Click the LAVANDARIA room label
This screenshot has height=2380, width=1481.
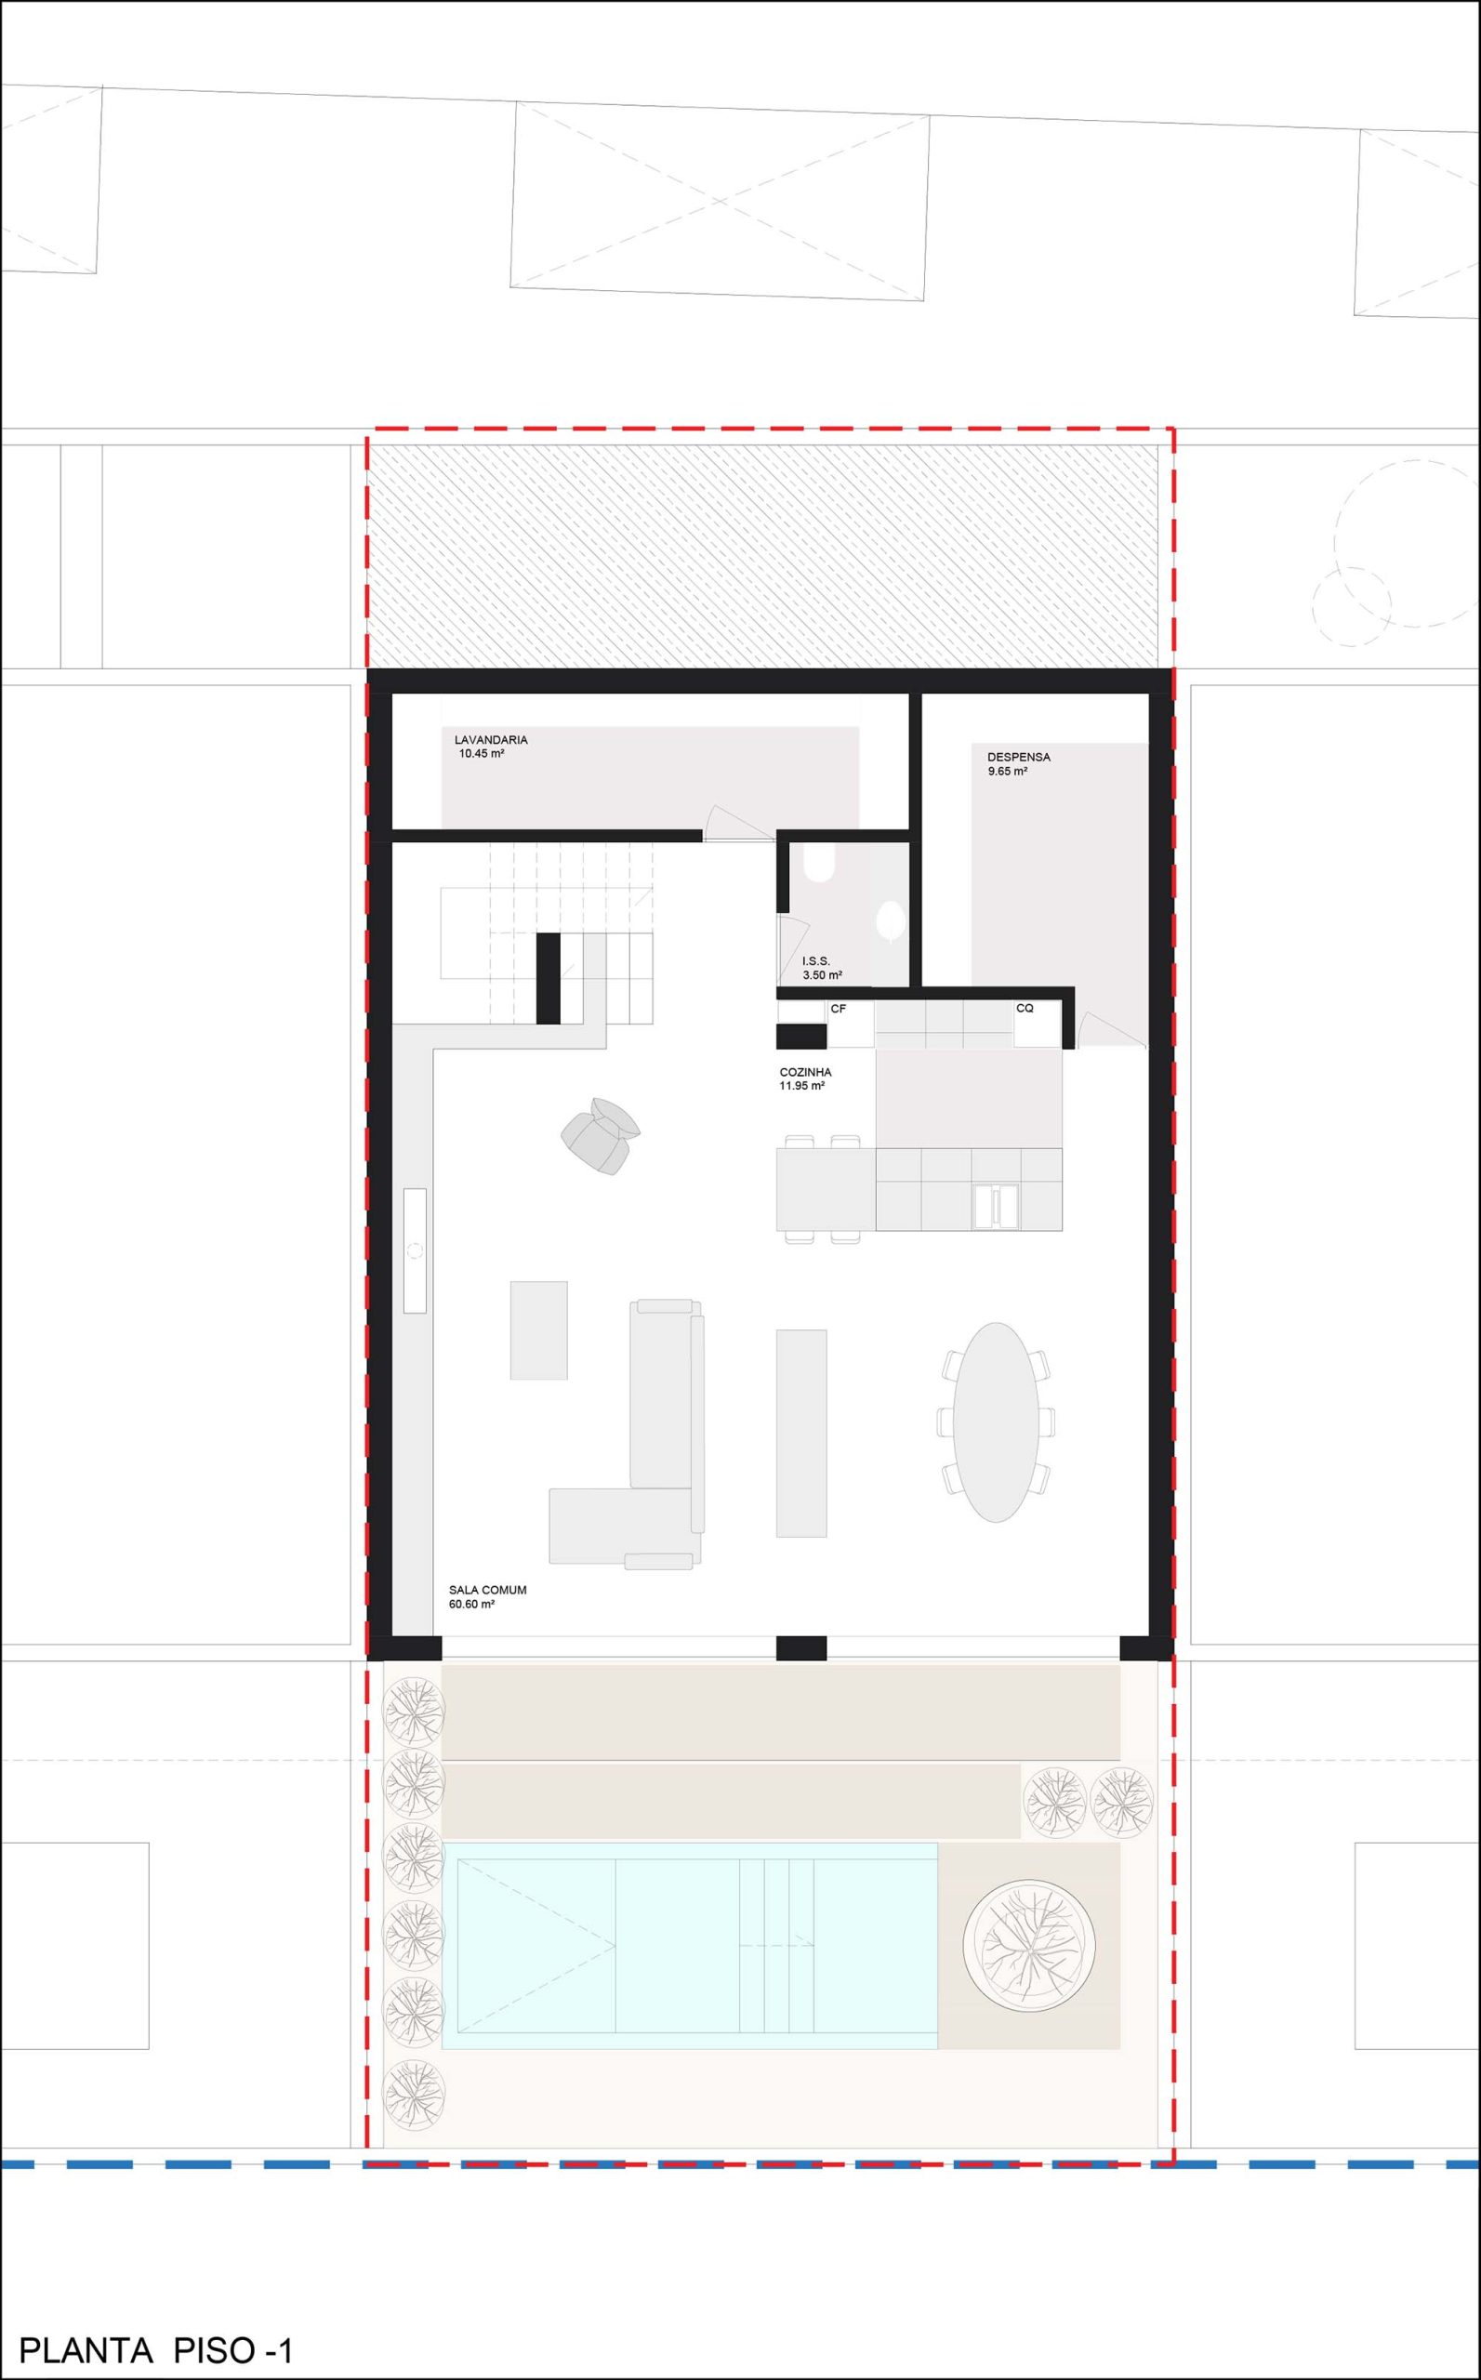click(491, 740)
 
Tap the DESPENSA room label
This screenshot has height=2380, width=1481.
click(1019, 757)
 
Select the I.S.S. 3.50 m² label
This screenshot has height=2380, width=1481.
click(822, 969)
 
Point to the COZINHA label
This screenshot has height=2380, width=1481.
click(805, 1073)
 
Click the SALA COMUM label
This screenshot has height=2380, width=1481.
click(488, 1590)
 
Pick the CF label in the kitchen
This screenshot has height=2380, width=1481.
click(839, 1009)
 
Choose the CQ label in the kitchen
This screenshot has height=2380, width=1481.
click(1025, 1008)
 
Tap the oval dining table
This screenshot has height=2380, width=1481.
click(996, 1422)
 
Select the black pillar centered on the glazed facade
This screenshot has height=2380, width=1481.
click(801, 1648)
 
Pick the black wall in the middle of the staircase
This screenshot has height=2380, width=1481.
click(548, 978)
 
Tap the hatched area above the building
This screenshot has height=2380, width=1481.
click(762, 556)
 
